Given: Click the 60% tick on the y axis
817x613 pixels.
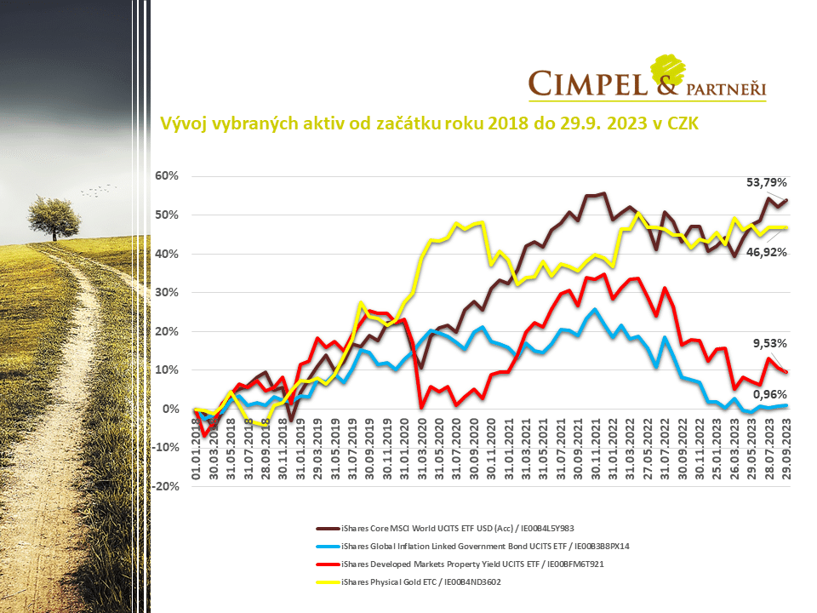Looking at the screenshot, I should [166, 176].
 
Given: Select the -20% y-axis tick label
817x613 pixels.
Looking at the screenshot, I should [163, 486].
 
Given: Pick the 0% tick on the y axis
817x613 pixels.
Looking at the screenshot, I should [170, 409].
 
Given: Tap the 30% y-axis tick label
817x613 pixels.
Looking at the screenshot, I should [166, 292].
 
